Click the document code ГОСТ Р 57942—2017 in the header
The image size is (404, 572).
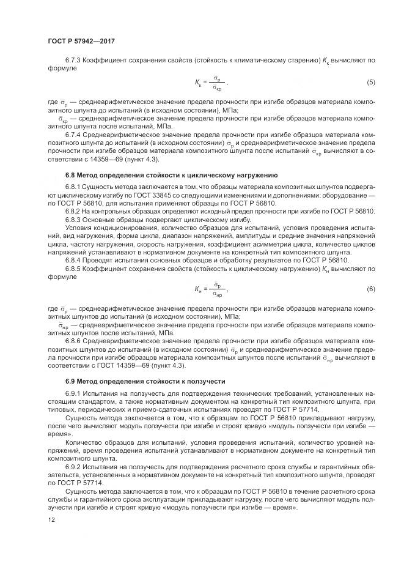click(81, 41)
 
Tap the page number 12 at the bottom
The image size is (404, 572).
click(51, 520)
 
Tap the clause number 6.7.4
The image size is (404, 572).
click(74, 133)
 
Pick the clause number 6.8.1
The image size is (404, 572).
click(74, 187)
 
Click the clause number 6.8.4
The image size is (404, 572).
click(74, 259)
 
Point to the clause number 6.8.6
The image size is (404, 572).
click(74, 340)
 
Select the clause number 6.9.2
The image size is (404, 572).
click(74, 467)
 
